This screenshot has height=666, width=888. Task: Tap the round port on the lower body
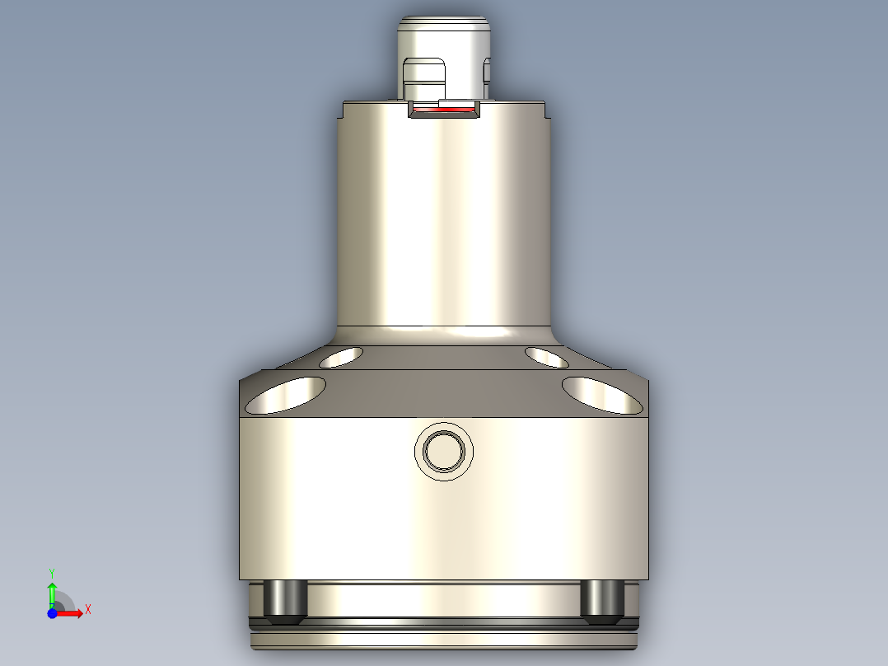[x=444, y=450]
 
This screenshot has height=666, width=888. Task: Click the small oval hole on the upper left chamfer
[x=340, y=357]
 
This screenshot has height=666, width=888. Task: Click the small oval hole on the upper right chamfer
[x=546, y=358]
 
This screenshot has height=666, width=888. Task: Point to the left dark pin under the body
[x=285, y=599]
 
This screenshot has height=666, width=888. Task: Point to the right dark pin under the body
[x=601, y=599]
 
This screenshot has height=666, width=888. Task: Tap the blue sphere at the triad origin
[x=52, y=613]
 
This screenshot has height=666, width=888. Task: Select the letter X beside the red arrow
[x=87, y=610]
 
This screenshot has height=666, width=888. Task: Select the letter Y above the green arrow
[x=52, y=571]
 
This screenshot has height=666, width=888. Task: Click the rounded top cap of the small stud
[x=444, y=29]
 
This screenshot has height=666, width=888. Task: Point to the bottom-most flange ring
[x=444, y=640]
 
